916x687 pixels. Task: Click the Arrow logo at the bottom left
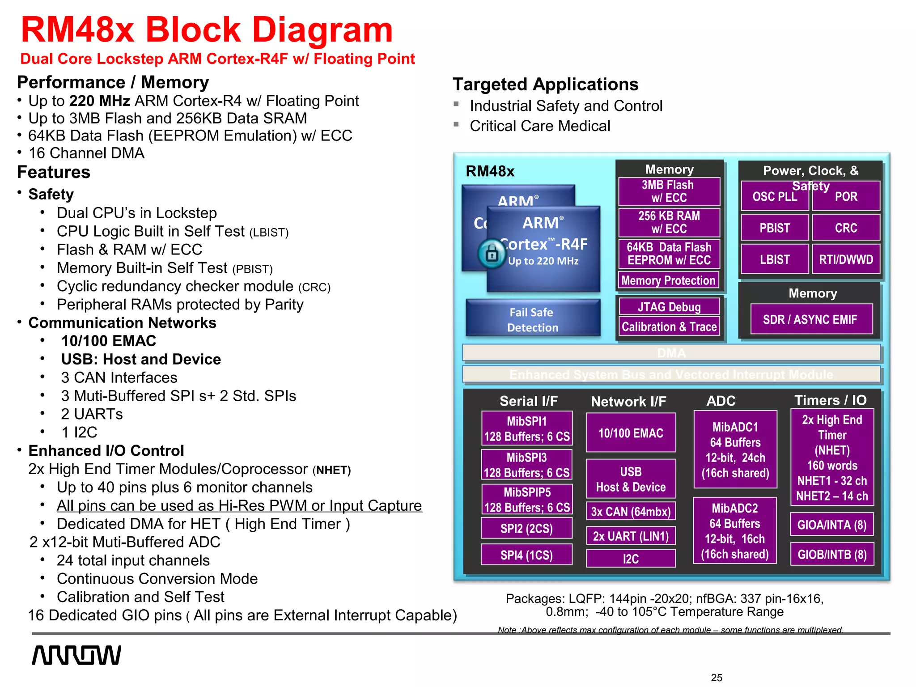[76, 655]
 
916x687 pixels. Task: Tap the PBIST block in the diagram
[775, 228]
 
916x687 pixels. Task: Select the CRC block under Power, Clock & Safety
[846, 228]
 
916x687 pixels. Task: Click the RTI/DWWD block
[846, 259]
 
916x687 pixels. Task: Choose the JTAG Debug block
[669, 307]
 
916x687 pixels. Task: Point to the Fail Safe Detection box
[533, 319]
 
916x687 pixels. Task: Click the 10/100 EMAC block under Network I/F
[631, 433]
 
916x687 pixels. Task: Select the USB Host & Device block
[631, 479]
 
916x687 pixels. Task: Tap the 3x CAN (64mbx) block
[631, 511]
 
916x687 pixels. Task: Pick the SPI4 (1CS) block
[526, 555]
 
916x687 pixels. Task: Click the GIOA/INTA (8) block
[832, 525]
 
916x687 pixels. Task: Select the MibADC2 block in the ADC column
[735, 531]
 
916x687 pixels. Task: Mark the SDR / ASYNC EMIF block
[810, 319]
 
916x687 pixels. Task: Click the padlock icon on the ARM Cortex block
[492, 254]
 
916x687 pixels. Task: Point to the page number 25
[717, 678]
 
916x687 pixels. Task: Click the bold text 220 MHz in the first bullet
[100, 101]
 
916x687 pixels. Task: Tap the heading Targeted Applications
[545, 85]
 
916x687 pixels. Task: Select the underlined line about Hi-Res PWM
[239, 505]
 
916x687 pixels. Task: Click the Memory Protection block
[669, 280]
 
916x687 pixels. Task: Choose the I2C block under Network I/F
[631, 559]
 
